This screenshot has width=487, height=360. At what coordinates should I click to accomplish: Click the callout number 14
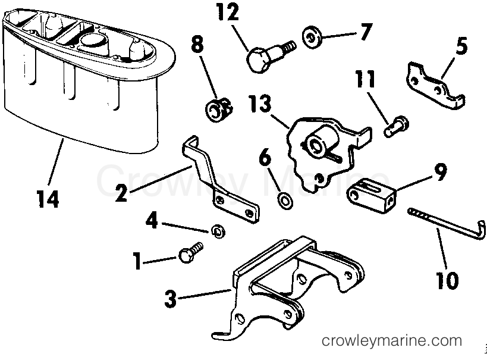tap(48, 199)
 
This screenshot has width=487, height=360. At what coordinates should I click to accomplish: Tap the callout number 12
tap(228, 12)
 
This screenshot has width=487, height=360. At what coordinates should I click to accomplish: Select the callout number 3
tap(170, 299)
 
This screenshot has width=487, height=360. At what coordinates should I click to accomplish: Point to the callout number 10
tap(448, 280)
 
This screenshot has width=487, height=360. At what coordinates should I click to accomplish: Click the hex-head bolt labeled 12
tap(269, 56)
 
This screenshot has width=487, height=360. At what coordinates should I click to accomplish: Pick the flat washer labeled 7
tap(312, 37)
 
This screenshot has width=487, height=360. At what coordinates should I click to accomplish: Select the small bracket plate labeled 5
tap(435, 86)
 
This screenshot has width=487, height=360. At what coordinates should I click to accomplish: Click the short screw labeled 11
tap(396, 126)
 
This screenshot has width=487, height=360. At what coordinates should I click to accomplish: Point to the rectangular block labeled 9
tap(372, 196)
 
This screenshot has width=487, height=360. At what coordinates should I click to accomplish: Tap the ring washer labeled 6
tap(285, 201)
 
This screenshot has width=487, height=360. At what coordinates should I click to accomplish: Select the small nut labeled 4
tap(218, 231)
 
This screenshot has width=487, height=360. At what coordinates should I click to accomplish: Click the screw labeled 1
tap(190, 252)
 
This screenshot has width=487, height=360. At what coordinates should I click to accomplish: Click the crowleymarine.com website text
tap(392, 341)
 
